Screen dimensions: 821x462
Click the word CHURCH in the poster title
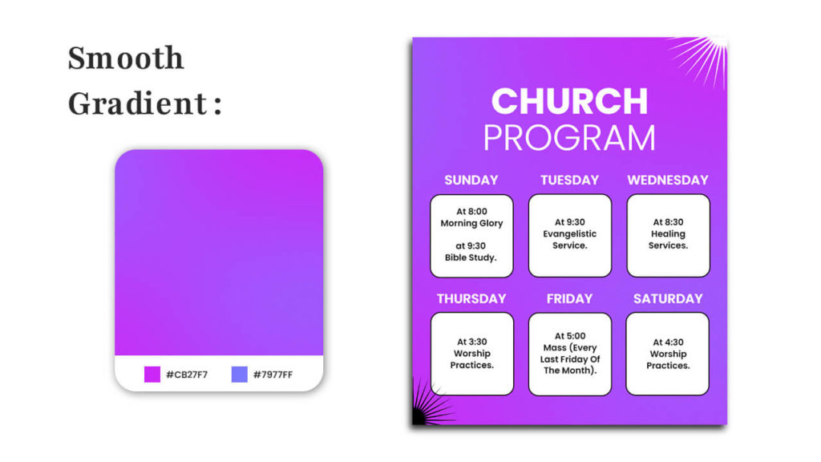coord(570,101)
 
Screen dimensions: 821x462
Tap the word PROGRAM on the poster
coord(570,138)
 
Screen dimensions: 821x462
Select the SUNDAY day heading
coord(471,180)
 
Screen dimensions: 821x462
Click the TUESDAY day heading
coord(570,180)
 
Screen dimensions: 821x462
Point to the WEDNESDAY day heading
coord(668,180)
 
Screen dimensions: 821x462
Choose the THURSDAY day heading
coord(471,298)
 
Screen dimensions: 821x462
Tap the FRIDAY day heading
coord(570,298)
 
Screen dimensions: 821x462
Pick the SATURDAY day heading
coord(668,298)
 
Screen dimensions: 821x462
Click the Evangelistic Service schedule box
coord(570,236)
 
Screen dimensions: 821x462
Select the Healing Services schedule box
coord(668,236)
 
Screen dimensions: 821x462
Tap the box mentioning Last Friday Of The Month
coord(570,354)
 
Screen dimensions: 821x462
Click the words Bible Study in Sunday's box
coord(471,257)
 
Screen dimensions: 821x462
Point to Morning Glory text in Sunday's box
coord(471,223)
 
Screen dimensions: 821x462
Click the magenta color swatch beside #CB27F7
coord(152,375)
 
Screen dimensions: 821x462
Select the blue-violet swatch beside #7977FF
coord(239,375)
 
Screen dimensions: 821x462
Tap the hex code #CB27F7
coord(187,375)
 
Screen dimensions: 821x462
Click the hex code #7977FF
coord(273,375)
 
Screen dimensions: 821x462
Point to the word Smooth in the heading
coord(126,58)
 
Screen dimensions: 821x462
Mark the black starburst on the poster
coord(430,403)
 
